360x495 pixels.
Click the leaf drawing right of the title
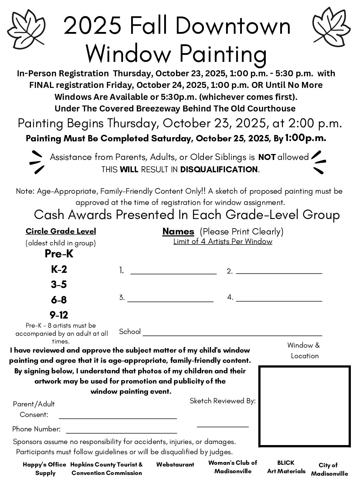pyautogui.click(x=330, y=28)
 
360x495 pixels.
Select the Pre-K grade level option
pyautogui.click(x=59, y=253)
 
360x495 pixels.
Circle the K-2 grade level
pyautogui.click(x=59, y=269)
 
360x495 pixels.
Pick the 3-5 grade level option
pyautogui.click(x=59, y=284)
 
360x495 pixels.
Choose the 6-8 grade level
pyautogui.click(x=59, y=300)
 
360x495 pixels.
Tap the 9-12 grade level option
pyautogui.click(x=59, y=315)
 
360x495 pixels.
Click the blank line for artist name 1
pyautogui.click(x=173, y=272)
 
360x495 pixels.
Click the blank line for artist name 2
pyautogui.click(x=279, y=272)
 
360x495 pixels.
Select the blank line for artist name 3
pyautogui.click(x=171, y=301)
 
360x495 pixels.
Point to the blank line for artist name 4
pyautogui.click(x=279, y=301)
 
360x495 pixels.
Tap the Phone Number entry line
pyautogui.click(x=121, y=433)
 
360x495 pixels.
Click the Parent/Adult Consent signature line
pyautogui.click(x=118, y=418)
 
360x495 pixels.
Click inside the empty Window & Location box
pyautogui.click(x=304, y=406)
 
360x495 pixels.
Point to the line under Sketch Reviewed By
pyautogui.click(x=223, y=426)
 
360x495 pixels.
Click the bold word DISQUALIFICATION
pyautogui.click(x=219, y=169)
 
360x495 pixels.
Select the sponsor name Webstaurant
pyautogui.click(x=175, y=465)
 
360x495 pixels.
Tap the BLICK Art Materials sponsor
pyautogui.click(x=286, y=467)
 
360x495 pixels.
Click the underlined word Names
pyautogui.click(x=178, y=231)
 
